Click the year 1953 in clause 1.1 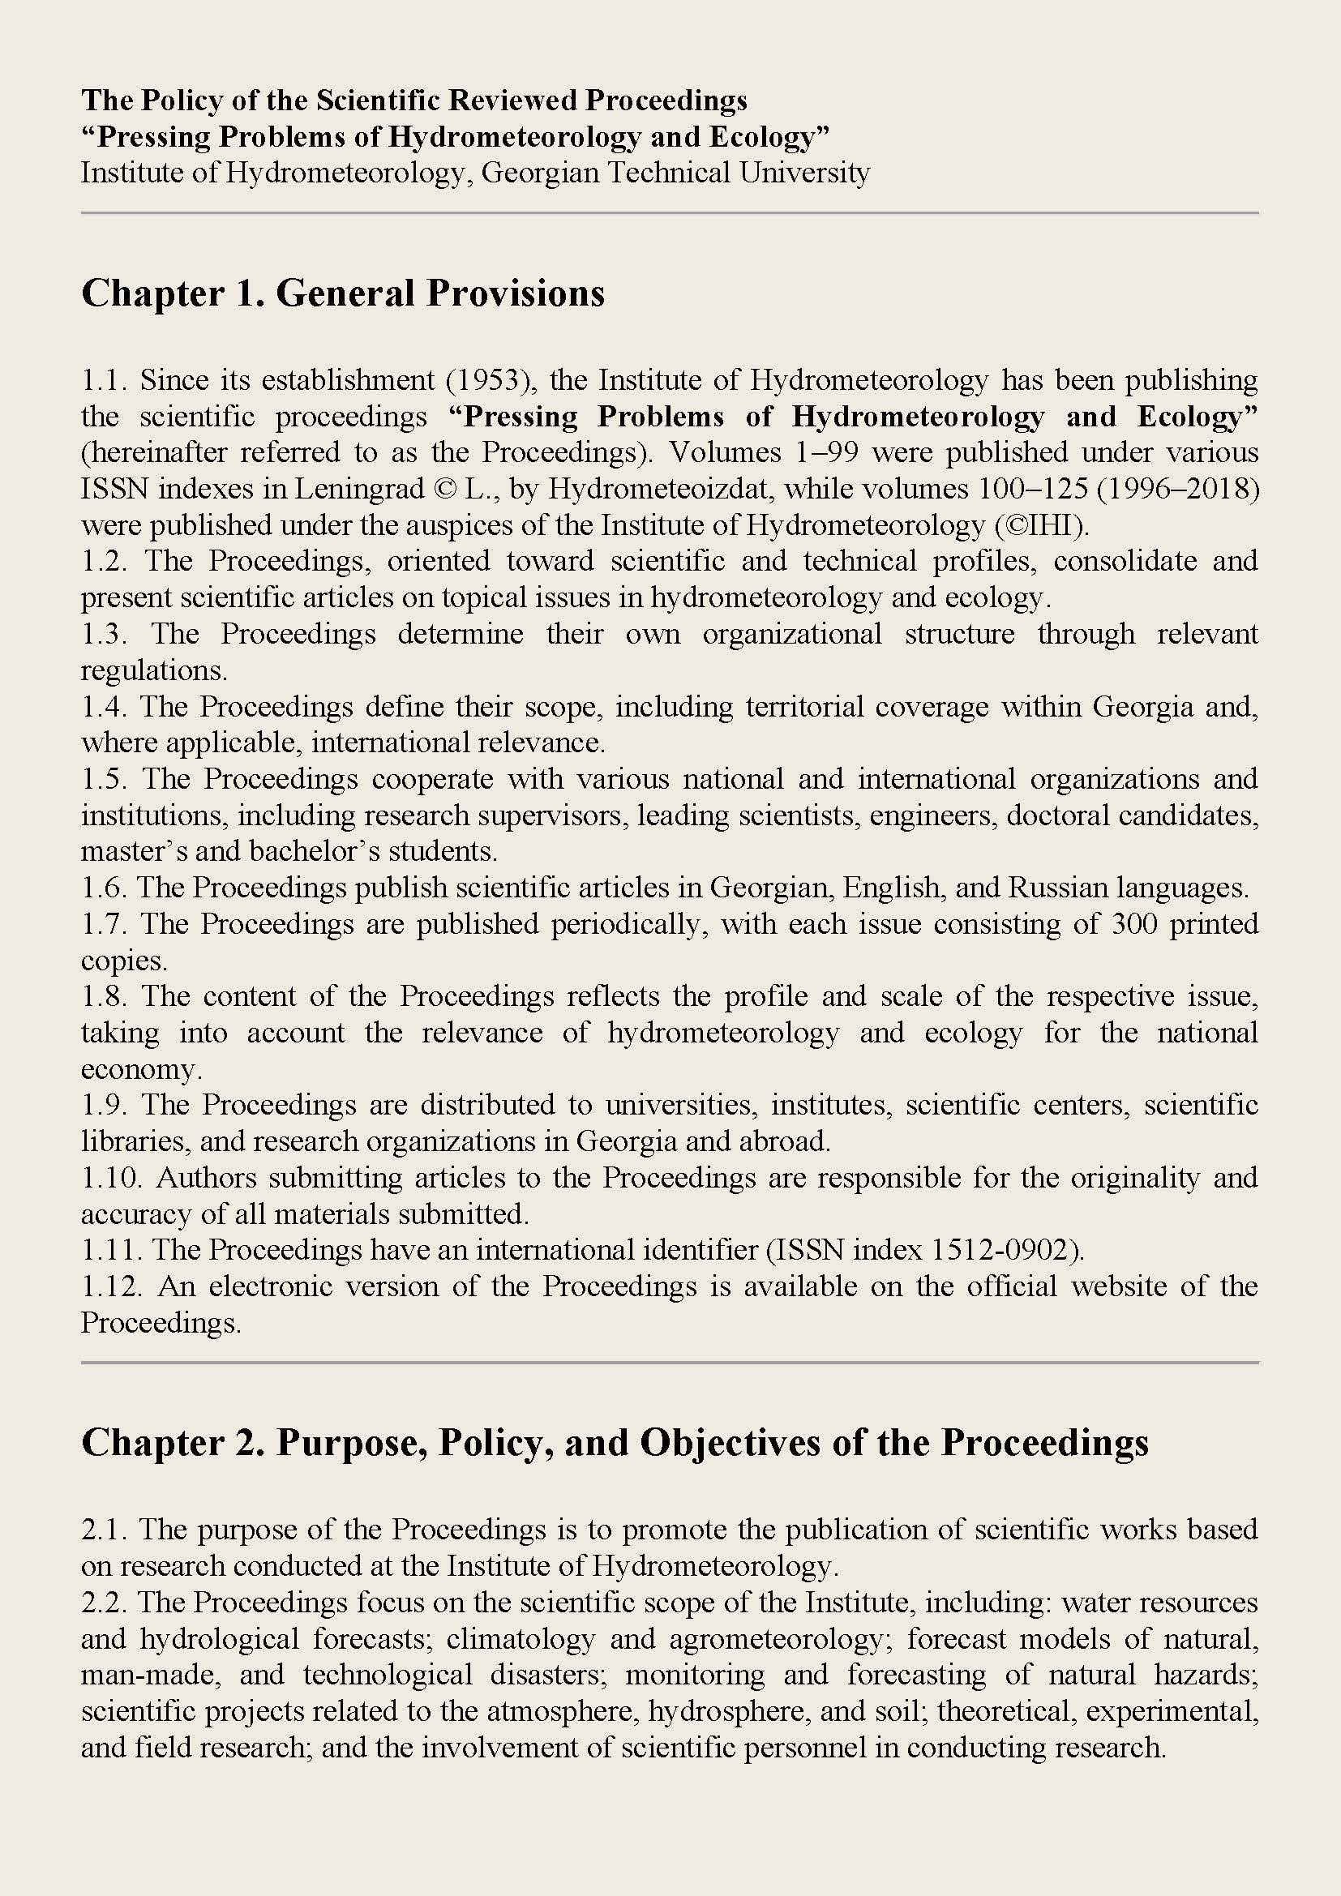coord(492,381)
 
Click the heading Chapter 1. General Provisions coord(343,293)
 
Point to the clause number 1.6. coord(104,888)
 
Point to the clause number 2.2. coord(104,1602)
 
